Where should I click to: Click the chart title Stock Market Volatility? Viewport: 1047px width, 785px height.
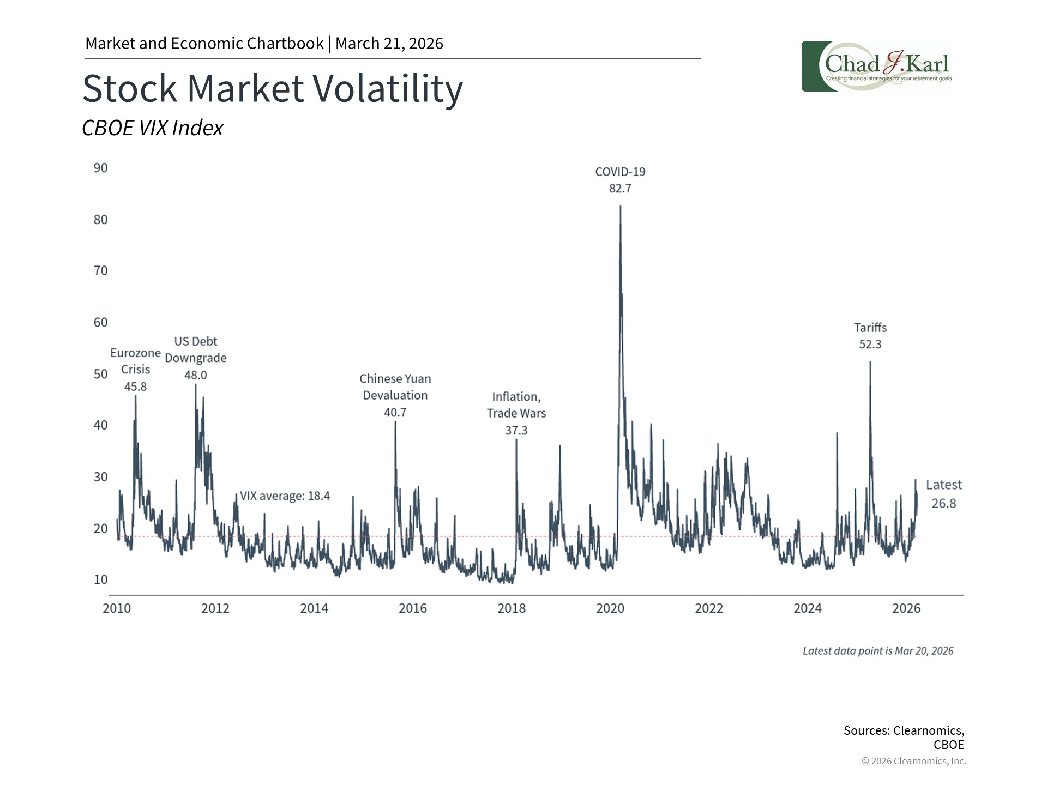coord(273,88)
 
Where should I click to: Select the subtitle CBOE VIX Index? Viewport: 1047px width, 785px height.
coord(153,128)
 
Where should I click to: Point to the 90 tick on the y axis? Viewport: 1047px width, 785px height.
coord(101,168)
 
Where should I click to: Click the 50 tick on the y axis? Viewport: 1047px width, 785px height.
coord(101,374)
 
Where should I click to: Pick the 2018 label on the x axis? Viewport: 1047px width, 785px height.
coord(511,608)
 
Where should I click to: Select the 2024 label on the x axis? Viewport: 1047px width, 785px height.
coord(807,608)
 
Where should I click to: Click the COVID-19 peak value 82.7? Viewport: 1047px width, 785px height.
coord(620,189)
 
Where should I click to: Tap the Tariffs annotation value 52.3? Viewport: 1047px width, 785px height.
coord(870,345)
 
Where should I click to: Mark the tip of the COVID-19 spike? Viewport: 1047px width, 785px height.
coord(621,206)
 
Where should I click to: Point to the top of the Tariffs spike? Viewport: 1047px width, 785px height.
coord(870,363)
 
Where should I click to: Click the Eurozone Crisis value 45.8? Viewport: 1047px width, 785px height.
coord(135,387)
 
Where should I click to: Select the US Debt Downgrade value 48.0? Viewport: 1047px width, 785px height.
coord(195,375)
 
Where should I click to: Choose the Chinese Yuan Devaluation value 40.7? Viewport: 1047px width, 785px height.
coord(395,413)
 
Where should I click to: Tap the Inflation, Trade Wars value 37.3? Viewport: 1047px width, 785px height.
coord(516,431)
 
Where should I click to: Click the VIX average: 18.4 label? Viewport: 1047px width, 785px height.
coord(285,496)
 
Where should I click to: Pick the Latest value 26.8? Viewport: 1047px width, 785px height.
coord(943,503)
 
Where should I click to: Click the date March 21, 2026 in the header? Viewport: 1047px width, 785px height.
coord(389,44)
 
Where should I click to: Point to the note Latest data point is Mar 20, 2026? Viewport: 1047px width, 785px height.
coord(878,651)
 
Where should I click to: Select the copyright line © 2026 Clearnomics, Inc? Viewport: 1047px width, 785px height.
coord(913,761)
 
